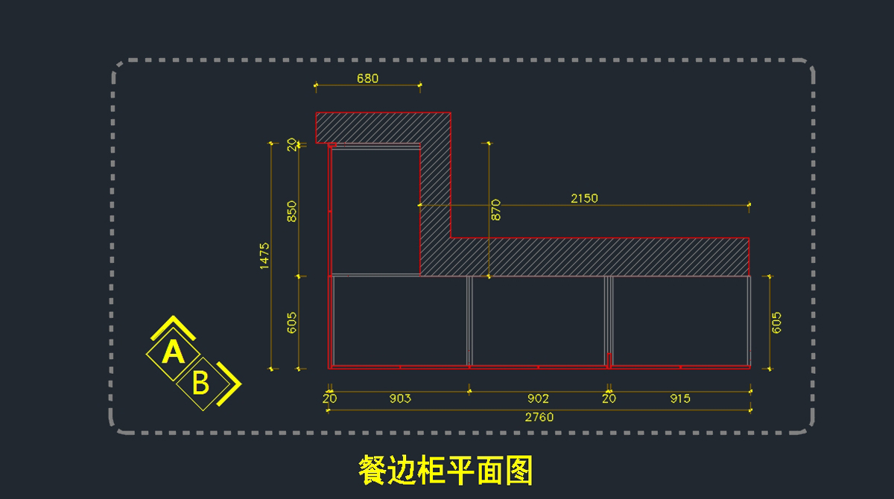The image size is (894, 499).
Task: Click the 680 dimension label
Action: pos(368,78)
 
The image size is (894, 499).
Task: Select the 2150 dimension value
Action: pos(584,198)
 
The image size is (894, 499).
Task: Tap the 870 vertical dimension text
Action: pos(496,209)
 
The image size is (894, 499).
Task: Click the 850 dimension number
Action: pos(292,212)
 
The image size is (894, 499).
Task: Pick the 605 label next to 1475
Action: pos(292,322)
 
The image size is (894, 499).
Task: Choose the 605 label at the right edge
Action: pos(776,322)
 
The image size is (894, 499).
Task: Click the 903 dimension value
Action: pos(400,398)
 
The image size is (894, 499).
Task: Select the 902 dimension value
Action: pos(538,398)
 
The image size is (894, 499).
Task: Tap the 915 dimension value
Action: pos(679,398)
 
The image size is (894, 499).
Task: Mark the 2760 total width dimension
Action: pos(539,417)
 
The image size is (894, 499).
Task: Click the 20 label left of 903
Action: pos(329,398)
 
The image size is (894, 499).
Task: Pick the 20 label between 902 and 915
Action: pos(609,398)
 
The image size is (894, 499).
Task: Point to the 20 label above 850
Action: pos(292,144)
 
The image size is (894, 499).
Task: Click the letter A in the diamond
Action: pos(173,352)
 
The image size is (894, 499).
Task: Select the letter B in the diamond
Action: pos(200,383)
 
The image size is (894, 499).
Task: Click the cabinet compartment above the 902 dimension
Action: pos(538,320)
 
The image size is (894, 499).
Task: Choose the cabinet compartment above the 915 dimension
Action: pos(679,320)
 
